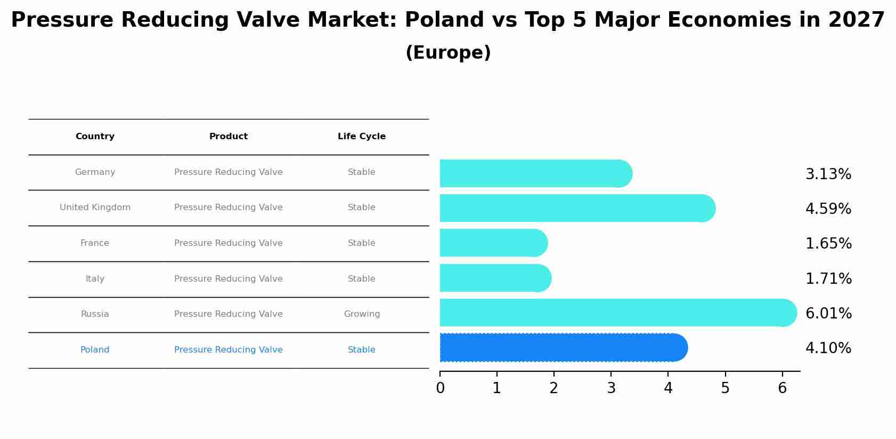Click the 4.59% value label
[828, 209]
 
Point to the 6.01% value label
[828, 313]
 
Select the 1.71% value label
[828, 278]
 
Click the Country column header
[95, 137]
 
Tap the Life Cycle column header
[361, 137]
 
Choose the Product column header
[228, 137]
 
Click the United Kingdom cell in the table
[95, 207]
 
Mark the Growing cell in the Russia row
[362, 314]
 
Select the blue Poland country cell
[95, 350]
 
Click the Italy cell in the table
[95, 279]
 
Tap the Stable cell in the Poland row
[361, 350]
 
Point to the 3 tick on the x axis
[611, 388]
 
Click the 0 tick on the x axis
[440, 388]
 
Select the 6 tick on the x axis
[782, 388]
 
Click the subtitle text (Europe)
[448, 53]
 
